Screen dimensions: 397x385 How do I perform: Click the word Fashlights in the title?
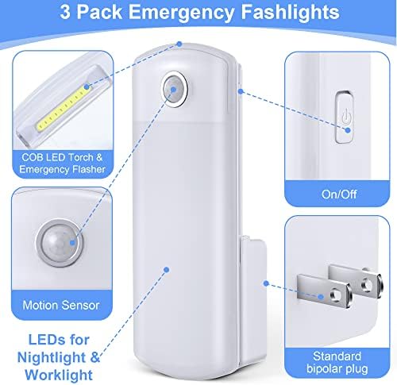[290, 13]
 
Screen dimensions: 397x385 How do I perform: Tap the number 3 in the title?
[65, 12]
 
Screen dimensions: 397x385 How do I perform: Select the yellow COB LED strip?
[64, 109]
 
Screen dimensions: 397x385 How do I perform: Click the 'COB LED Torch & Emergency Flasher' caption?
[63, 164]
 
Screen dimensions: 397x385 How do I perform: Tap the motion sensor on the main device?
[175, 89]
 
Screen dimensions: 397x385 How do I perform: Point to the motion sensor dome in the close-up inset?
[60, 243]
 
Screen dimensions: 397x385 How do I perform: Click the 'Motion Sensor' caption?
[61, 305]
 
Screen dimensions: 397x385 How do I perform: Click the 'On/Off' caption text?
[339, 194]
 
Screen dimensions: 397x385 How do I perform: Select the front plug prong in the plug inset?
[324, 291]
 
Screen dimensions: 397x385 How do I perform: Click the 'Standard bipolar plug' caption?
[337, 363]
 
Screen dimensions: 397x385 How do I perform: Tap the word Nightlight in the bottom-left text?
[52, 358]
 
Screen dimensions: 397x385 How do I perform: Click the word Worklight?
[59, 375]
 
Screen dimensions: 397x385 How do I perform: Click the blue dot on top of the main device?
[179, 44]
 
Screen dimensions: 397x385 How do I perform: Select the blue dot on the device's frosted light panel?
[167, 270]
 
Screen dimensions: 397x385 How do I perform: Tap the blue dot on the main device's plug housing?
[266, 283]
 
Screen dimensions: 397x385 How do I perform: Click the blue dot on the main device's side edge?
[241, 91]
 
